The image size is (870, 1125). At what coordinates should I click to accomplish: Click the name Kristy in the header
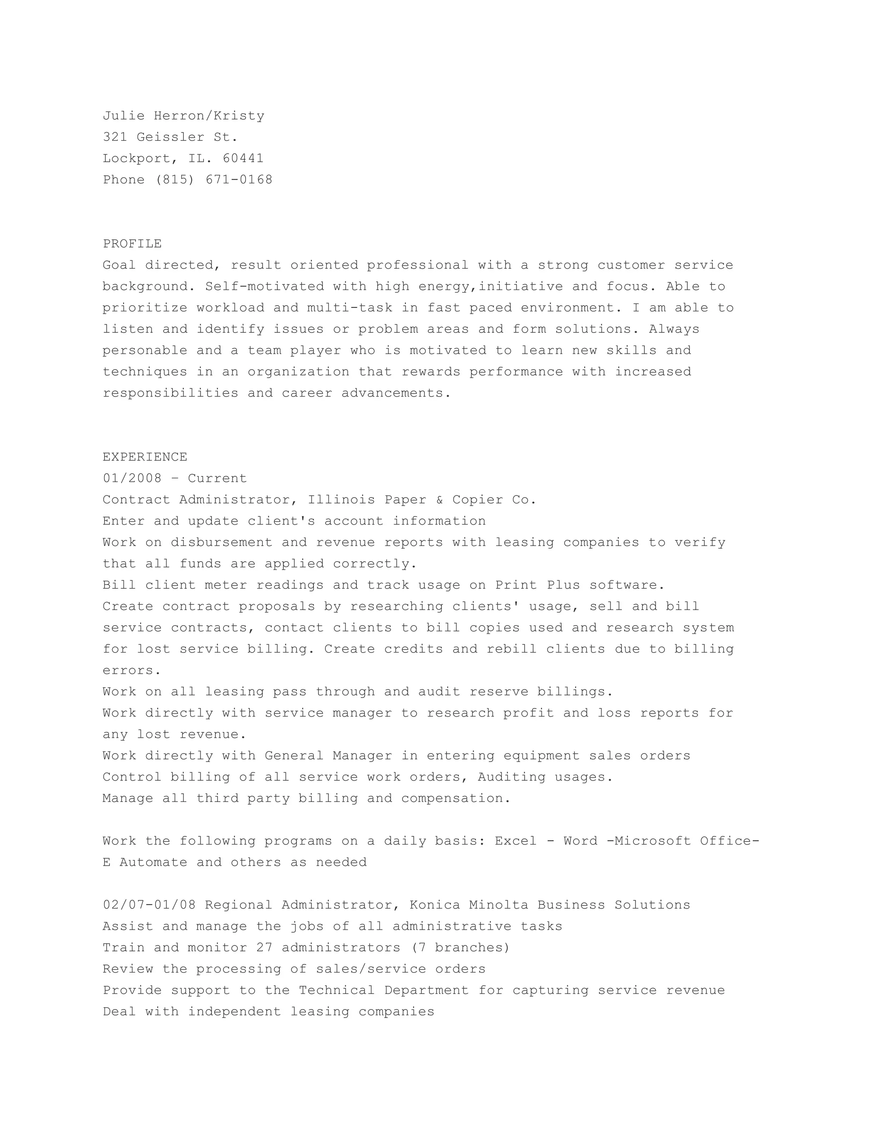click(239, 115)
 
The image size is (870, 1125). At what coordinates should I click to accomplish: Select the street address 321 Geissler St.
click(170, 137)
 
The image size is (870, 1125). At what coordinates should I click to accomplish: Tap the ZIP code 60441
click(243, 158)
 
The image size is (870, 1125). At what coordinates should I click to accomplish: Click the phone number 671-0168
click(239, 180)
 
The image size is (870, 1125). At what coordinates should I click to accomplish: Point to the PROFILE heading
click(133, 244)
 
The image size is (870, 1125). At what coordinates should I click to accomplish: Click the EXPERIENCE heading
click(145, 457)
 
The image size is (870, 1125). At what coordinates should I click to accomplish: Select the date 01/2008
click(133, 478)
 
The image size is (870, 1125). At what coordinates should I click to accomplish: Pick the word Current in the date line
click(217, 478)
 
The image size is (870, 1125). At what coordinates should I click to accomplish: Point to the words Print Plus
click(537, 585)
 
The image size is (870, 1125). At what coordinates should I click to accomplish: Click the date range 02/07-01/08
click(150, 905)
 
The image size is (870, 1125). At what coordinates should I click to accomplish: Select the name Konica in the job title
click(435, 905)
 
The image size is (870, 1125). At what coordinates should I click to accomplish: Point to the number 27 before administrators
click(264, 948)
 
